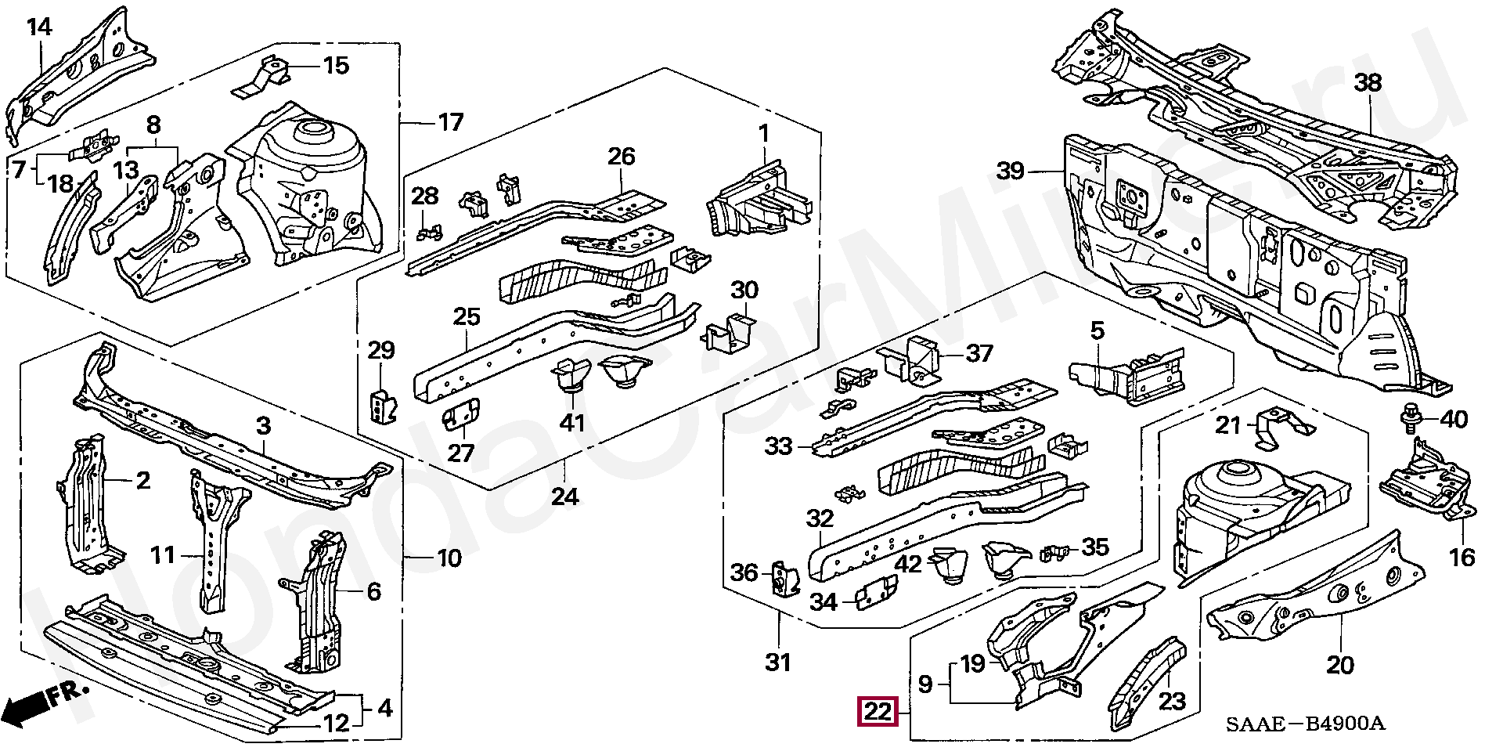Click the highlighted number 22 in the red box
tap(877, 713)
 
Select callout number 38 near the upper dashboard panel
tap(1368, 83)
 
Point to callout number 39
tap(1011, 170)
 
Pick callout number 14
tap(39, 27)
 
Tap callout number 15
tap(336, 65)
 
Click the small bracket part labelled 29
tap(382, 406)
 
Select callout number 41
tap(572, 423)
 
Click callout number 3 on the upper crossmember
tap(263, 426)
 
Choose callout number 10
tap(449, 558)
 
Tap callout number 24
tap(564, 496)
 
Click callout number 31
tap(777, 663)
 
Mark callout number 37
tap(979, 354)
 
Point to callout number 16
tap(1462, 558)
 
